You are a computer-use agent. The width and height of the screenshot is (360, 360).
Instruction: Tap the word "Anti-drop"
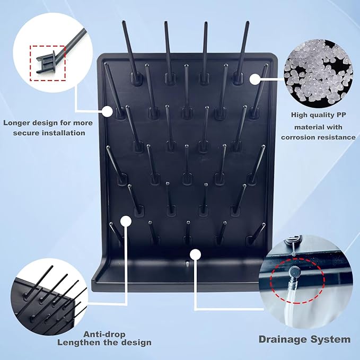coord(103,334)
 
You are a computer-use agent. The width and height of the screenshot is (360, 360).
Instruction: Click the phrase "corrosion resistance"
coord(318,137)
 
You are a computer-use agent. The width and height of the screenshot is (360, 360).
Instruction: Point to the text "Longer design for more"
coord(48,122)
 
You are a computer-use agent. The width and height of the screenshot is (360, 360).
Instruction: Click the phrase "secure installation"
coord(48,133)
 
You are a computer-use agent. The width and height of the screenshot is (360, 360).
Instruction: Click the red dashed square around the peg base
coord(48,63)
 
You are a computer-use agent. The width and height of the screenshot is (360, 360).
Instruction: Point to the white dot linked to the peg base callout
coord(108,112)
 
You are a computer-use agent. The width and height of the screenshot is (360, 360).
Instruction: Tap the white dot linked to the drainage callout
coord(196,254)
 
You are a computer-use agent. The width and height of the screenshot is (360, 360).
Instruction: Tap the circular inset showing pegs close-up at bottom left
coord(48,297)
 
